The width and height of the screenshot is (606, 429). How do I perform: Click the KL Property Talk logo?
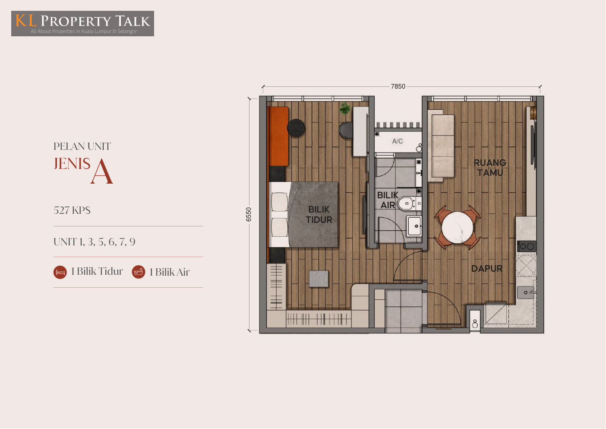[82, 24]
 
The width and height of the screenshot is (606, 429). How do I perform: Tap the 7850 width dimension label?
[398, 86]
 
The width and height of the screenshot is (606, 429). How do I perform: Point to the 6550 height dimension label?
[249, 214]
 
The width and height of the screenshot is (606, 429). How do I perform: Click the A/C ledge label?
[398, 141]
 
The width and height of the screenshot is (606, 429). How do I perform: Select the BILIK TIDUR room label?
[319, 214]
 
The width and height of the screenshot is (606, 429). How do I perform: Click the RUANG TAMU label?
[490, 167]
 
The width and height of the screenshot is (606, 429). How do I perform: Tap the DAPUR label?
[487, 268]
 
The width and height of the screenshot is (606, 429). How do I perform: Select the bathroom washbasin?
[414, 226]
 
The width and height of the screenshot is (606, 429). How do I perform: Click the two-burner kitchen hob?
[527, 246]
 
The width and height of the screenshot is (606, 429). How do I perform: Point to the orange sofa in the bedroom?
[278, 136]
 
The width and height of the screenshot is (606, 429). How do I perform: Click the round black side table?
[296, 128]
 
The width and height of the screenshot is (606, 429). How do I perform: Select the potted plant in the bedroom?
[345, 108]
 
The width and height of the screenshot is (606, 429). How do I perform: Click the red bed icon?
[60, 272]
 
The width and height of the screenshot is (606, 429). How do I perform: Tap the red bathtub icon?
[139, 272]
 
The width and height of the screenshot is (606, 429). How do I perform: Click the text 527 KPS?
[72, 210]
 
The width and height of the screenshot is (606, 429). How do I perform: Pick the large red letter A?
[102, 172]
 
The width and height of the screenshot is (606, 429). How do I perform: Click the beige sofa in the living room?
[441, 146]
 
